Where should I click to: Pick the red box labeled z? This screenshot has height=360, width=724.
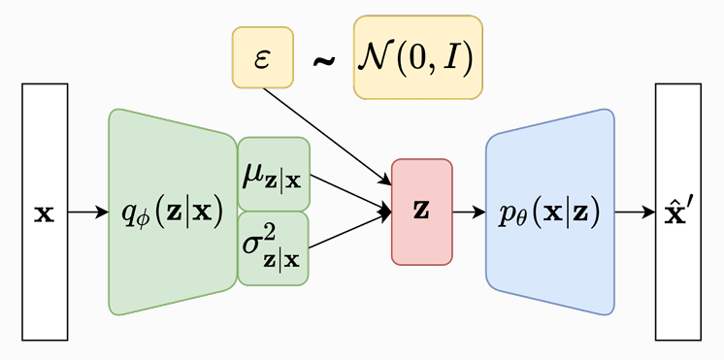click(x=421, y=238)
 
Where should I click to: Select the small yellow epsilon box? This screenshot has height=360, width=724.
click(x=261, y=55)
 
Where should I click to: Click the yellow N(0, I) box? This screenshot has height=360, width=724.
click(x=417, y=57)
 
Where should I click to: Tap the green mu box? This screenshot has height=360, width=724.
click(x=273, y=175)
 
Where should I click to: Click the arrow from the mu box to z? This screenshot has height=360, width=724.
click(x=349, y=192)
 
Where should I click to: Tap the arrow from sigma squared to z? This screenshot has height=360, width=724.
click(x=349, y=229)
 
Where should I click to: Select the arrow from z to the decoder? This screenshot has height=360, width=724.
click(x=469, y=212)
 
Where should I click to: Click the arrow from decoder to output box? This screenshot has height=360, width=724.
click(x=635, y=212)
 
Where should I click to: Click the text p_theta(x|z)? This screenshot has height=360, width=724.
click(x=549, y=212)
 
